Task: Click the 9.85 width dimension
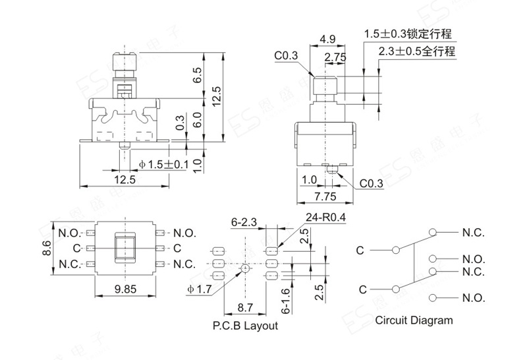tap(125, 289)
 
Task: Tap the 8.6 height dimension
tap(47, 248)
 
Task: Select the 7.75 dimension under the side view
tap(325, 196)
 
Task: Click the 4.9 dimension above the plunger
tap(327, 40)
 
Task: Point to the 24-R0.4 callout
tap(325, 218)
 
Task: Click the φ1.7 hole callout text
tap(200, 289)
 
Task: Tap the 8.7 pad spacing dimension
tap(245, 307)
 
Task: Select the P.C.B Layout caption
tap(245, 325)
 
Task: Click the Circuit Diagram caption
tap(414, 320)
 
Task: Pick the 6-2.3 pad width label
tap(244, 222)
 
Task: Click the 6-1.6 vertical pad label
tap(285, 301)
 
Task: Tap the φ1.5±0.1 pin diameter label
tap(163, 165)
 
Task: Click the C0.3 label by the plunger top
tap(286, 55)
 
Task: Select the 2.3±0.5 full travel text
tap(417, 51)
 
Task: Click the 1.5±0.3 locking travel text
tap(408, 34)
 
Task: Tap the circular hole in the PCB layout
tap(246, 268)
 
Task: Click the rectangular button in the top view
tap(125, 248)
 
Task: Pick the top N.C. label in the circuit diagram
tap(473, 233)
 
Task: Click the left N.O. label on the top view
tap(70, 233)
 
